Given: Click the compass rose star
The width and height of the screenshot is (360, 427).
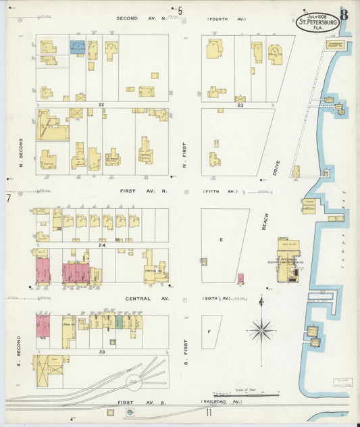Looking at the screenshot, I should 261,330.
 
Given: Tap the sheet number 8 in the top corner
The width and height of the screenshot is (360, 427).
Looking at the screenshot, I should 344,13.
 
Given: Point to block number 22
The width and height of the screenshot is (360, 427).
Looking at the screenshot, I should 101,105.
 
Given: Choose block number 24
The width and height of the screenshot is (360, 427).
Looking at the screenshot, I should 101,245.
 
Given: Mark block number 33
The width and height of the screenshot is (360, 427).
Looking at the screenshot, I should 101,351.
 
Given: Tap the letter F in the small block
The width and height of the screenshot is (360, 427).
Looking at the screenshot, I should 210,332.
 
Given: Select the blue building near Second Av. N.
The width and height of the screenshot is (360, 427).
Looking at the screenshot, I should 78,47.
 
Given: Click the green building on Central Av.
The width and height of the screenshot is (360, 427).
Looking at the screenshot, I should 120,322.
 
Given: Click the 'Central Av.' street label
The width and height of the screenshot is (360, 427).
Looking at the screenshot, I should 137,297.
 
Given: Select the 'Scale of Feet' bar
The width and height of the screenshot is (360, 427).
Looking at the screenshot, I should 233,394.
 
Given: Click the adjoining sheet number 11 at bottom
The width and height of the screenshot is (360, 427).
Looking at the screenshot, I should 209,411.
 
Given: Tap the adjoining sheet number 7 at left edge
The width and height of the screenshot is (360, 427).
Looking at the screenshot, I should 8,198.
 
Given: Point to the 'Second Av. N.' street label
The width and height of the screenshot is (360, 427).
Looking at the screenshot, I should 136,18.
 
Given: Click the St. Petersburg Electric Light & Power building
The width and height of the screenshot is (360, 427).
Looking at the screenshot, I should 288,260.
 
